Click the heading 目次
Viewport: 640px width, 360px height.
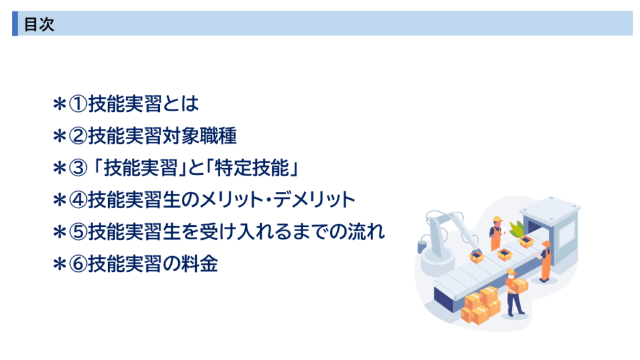[39, 24]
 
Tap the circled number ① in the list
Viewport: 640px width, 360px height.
[78, 104]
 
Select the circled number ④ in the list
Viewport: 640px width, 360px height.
[78, 200]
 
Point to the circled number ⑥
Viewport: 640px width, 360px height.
[78, 264]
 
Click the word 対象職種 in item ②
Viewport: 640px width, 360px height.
[199, 136]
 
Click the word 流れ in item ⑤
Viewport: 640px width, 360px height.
[366, 231]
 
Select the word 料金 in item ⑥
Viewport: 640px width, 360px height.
[199, 264]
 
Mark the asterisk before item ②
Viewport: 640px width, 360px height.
[59, 136]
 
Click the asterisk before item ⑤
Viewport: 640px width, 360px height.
[59, 232]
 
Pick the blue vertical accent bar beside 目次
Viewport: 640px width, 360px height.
[15, 24]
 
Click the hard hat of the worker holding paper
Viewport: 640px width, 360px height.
[497, 219]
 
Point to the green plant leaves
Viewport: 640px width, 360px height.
[516, 229]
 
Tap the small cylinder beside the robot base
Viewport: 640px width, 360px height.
[422, 246]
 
